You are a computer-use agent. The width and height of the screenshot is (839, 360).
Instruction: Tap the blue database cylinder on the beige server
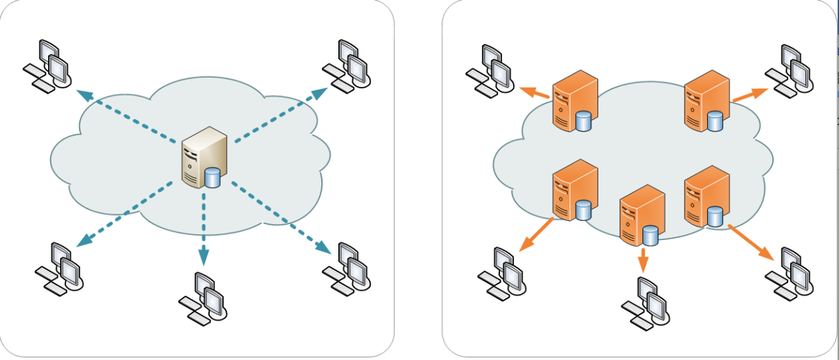coord(212,178)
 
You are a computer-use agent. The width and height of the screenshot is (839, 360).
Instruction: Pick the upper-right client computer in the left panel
coord(347,63)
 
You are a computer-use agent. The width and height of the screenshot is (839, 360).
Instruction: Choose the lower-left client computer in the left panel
coord(61,269)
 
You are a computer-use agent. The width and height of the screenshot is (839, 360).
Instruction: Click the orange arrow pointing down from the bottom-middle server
coord(643,260)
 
